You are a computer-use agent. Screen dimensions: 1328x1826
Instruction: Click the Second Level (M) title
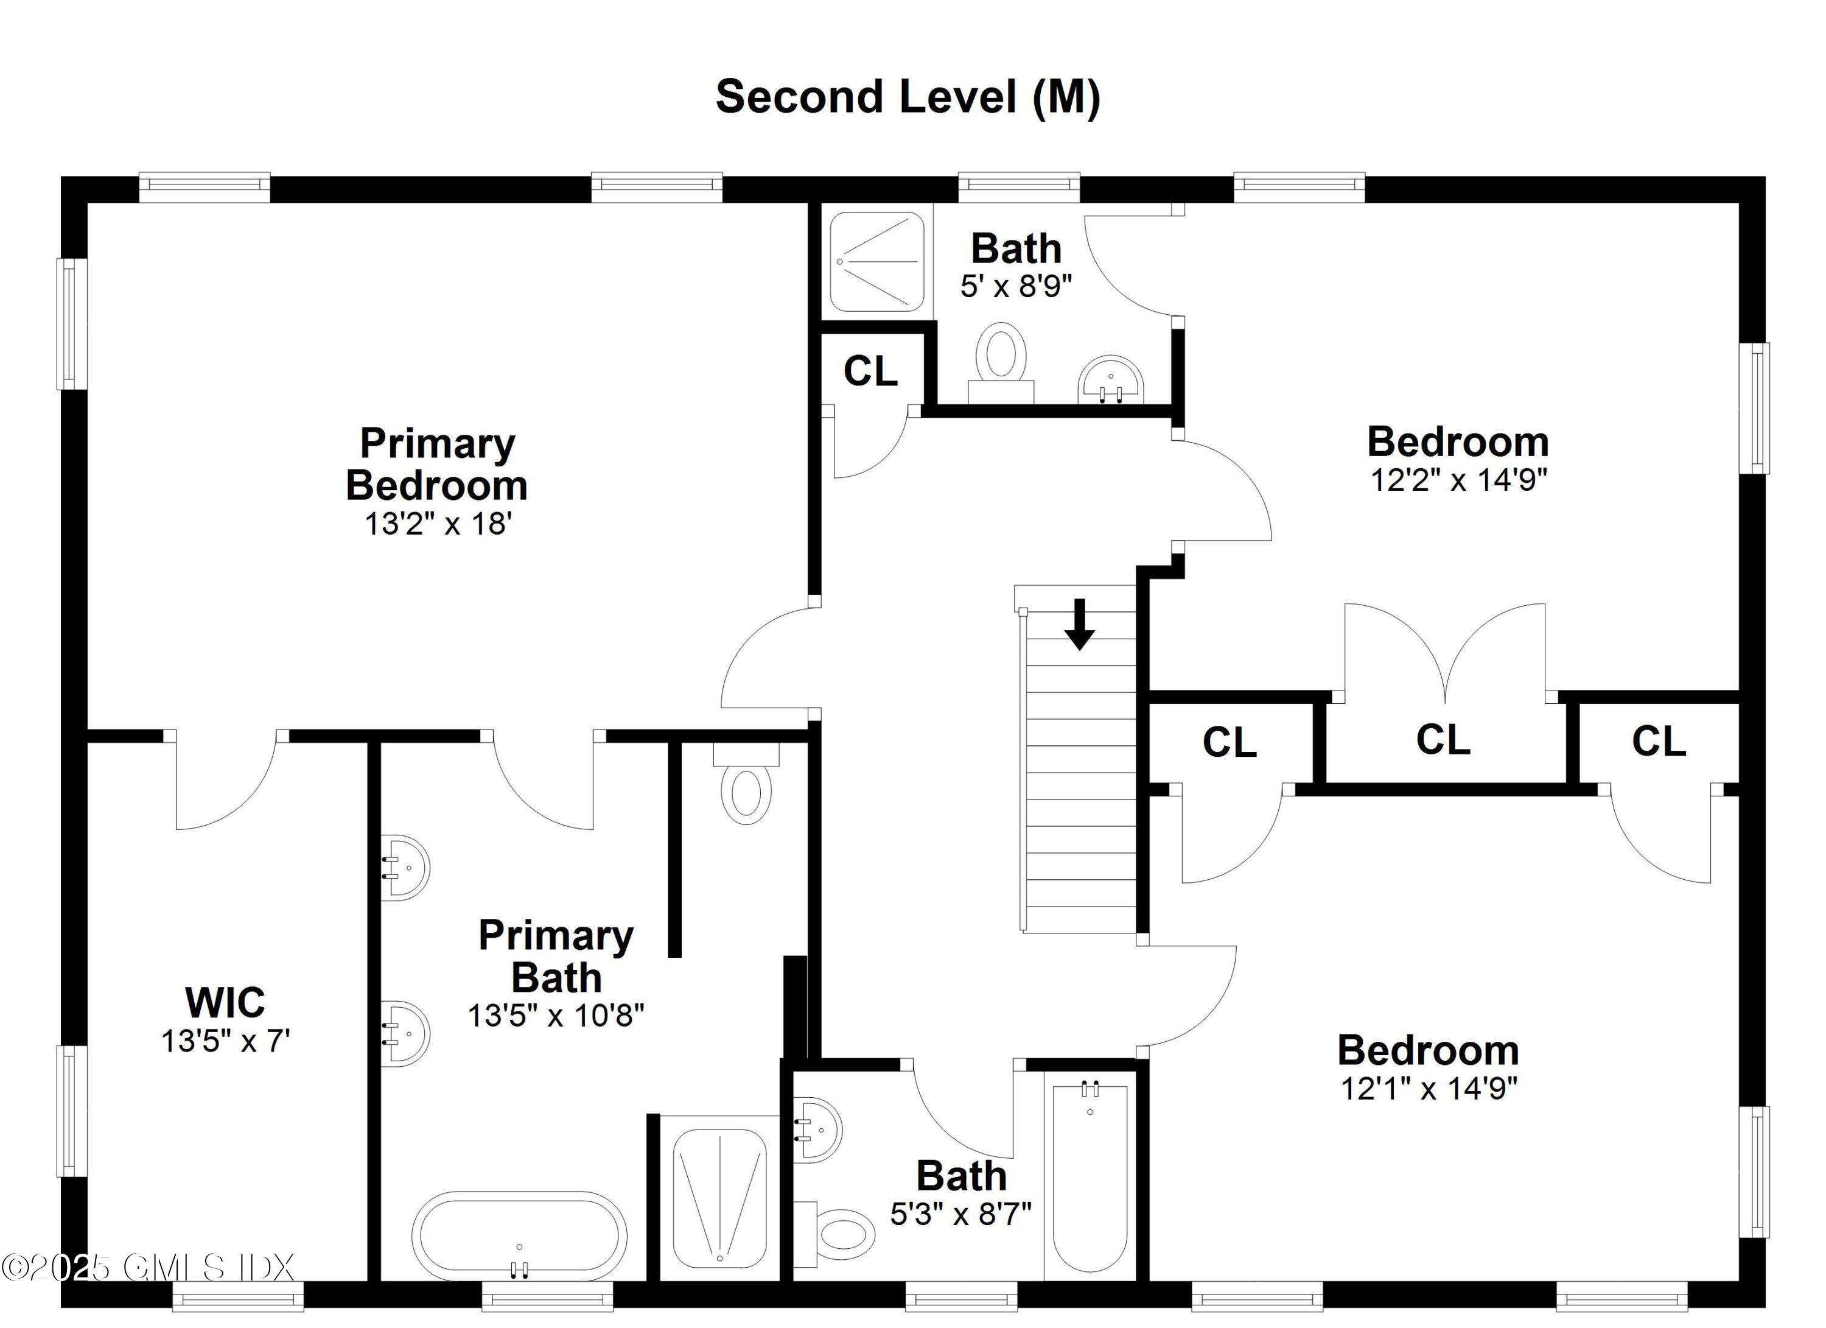point(908,97)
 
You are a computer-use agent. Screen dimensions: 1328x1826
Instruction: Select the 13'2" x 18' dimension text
point(439,524)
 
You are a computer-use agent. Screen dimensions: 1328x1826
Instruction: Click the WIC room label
point(225,1003)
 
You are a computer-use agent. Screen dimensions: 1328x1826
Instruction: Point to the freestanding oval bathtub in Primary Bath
point(519,1236)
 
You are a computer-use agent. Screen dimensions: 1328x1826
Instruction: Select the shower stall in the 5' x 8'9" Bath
point(876,262)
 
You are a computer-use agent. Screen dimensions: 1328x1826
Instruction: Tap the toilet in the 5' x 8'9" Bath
point(1001,359)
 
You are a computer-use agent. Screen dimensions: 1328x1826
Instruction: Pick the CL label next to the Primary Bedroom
point(870,371)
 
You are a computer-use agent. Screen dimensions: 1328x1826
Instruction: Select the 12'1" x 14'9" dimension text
point(1429,1089)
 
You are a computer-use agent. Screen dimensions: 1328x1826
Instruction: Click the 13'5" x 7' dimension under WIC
point(225,1041)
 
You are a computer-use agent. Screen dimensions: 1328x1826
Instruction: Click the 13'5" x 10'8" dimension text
point(556,1016)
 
